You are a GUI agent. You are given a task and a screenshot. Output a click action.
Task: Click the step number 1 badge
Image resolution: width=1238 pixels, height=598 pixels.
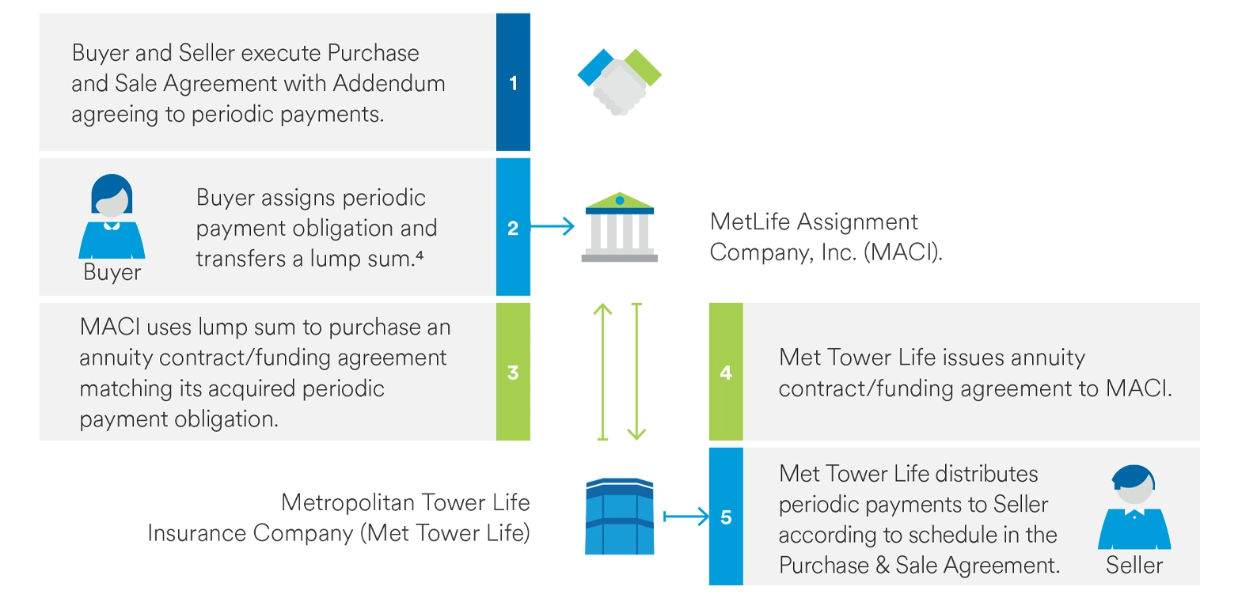pos(513,82)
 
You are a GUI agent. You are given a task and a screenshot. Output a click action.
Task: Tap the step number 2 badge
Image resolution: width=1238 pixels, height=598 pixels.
pos(513,227)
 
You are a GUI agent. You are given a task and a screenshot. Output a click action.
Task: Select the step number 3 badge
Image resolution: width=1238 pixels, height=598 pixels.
pos(513,372)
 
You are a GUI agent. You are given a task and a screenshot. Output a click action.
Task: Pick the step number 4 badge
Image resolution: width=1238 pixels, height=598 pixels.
pos(726,372)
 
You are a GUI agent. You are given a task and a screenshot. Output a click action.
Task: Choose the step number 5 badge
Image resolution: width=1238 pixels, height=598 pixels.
pos(726,517)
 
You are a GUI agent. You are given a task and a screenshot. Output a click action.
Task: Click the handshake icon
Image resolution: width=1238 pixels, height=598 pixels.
pos(620,81)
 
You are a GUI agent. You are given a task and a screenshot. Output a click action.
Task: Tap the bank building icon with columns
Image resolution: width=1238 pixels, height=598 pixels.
pos(620,227)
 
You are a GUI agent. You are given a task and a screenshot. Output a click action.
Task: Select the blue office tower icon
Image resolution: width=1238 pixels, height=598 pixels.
pos(620,517)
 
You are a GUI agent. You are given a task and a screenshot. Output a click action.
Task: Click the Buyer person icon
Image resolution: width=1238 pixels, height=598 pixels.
pos(112,217)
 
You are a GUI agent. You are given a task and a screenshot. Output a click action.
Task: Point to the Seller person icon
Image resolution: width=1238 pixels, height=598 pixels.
pos(1134,507)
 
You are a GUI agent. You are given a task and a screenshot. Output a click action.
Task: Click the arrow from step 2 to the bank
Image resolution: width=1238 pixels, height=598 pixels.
pos(553,226)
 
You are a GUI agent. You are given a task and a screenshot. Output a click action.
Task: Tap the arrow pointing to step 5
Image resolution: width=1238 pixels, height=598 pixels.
pos(685,517)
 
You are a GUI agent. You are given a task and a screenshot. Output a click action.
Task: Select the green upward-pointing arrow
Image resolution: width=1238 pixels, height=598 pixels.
pos(603,372)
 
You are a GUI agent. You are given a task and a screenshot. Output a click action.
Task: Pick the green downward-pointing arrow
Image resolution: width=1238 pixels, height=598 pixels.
pos(636,372)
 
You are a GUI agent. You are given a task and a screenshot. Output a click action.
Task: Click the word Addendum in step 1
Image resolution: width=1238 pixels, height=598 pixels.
pos(389,83)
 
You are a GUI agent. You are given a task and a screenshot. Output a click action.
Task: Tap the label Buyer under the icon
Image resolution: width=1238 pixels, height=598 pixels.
pos(112,272)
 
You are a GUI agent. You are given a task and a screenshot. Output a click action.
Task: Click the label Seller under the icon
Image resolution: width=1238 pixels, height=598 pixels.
pos(1134,565)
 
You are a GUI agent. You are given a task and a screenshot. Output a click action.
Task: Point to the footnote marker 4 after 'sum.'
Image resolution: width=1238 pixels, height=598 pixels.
pos(420,255)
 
